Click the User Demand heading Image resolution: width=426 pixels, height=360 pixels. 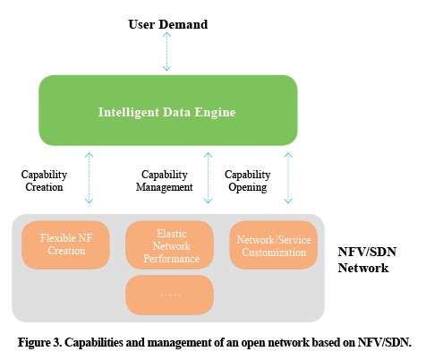[168, 24]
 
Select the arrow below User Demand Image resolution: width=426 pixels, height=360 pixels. [166, 51]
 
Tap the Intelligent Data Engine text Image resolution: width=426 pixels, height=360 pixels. [166, 112]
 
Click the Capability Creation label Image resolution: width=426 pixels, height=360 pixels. [44, 181]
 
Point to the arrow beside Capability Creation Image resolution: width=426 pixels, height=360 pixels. [89, 178]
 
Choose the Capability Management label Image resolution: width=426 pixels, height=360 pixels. [165, 181]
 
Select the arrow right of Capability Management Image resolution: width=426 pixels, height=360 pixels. [208, 178]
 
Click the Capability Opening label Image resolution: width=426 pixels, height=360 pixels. [248, 181]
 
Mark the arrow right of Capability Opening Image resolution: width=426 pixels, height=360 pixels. [288, 178]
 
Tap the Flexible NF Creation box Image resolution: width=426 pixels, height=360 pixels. [65, 244]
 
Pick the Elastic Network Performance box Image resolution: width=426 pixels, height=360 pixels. [169, 244]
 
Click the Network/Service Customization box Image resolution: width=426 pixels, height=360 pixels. [274, 244]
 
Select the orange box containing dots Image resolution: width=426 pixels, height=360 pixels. [169, 295]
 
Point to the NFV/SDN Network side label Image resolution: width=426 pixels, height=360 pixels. [367, 260]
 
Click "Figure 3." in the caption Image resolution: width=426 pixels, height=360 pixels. [40, 342]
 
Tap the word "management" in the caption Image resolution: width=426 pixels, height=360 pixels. [179, 343]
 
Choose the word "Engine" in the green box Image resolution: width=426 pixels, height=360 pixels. [215, 113]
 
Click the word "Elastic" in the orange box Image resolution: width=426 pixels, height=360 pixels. [172, 234]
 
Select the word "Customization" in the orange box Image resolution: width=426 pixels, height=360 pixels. [274, 253]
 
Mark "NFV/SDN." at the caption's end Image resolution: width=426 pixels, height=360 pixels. [384, 342]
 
